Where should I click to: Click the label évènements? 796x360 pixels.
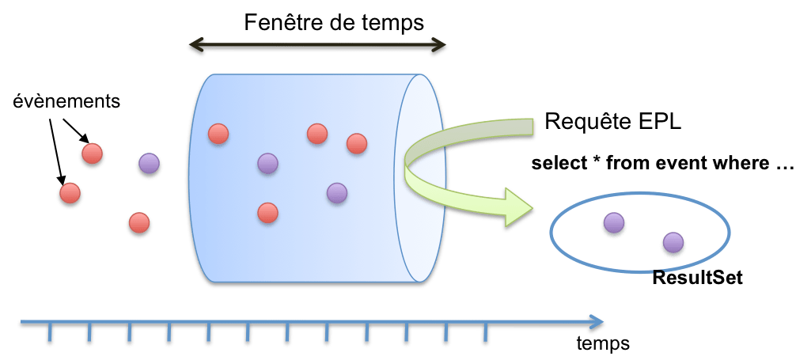pos(67,101)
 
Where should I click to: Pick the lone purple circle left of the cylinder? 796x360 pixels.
pos(148,164)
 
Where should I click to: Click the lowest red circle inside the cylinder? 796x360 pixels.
pos(267,212)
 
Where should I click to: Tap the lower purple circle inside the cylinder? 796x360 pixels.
pos(337,192)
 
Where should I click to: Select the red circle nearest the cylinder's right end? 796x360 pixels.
pos(357,143)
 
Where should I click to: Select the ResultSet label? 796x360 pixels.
pos(697,279)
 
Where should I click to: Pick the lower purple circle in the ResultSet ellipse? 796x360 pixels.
pos(673,241)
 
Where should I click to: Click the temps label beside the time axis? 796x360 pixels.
pos(603,343)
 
